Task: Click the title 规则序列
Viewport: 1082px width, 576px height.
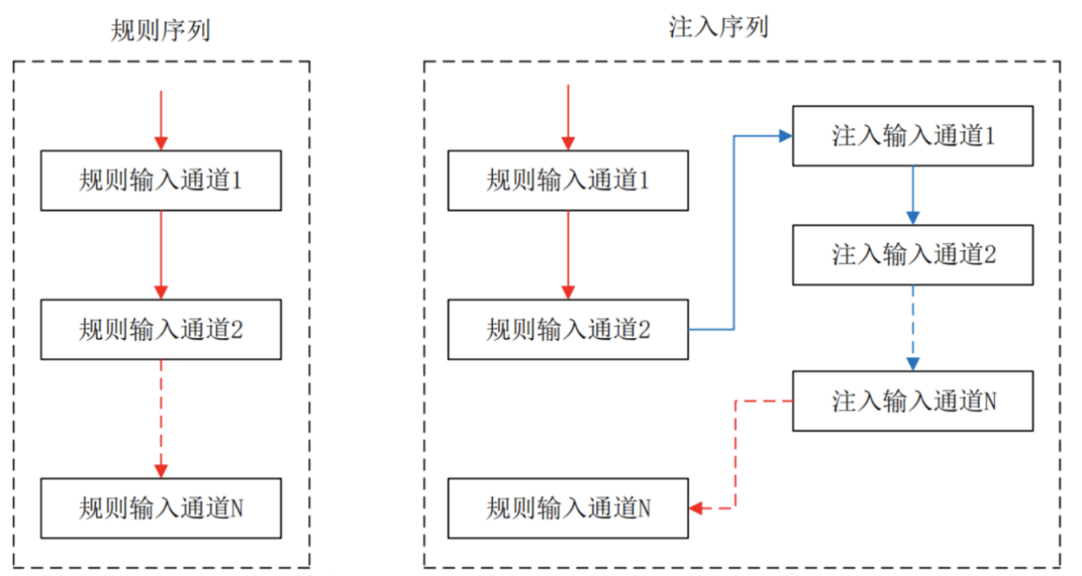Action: tap(161, 30)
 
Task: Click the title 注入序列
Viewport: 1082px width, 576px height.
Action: tap(718, 27)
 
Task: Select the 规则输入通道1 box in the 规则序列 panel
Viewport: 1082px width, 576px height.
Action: tap(161, 180)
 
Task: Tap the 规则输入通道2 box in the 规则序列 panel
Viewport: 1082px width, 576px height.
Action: tap(161, 329)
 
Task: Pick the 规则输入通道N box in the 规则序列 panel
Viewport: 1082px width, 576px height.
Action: tap(161, 507)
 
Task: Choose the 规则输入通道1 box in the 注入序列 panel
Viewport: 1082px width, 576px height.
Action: tap(568, 180)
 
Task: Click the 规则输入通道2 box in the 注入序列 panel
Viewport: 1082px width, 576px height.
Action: tap(568, 329)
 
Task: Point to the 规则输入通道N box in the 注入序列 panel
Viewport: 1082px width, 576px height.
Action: tap(568, 507)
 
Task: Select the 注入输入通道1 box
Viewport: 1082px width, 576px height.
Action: tap(912, 135)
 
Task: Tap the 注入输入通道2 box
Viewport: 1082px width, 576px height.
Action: tap(912, 255)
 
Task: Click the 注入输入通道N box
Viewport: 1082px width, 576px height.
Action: tap(912, 401)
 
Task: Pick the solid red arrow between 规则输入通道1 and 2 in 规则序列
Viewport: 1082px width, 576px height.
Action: tap(161, 254)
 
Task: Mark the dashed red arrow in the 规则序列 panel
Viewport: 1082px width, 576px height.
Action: tap(161, 418)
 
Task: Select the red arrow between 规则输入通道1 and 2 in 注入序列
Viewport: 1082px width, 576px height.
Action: tap(568, 254)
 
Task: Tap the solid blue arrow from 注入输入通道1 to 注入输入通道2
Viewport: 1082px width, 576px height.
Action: tap(912, 195)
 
